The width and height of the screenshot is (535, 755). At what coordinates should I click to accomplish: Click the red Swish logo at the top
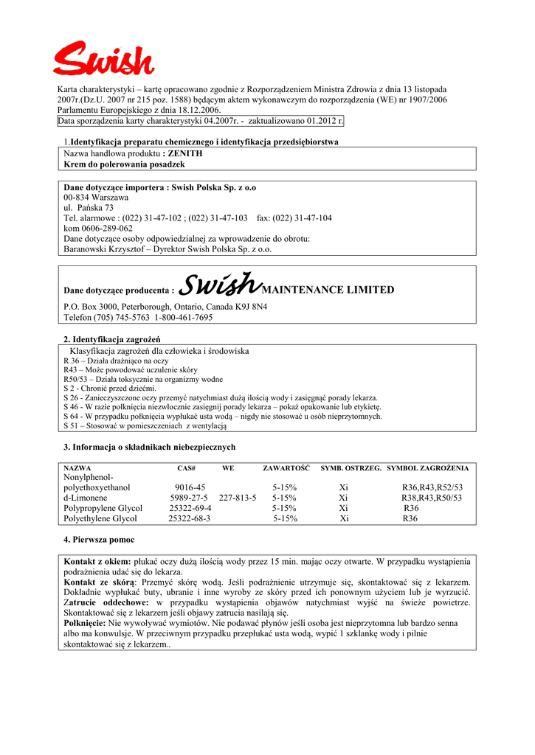coord(103,58)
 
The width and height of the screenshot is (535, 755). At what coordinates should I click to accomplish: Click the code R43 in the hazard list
coord(71,369)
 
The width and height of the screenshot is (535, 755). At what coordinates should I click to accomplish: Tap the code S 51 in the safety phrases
coord(72,425)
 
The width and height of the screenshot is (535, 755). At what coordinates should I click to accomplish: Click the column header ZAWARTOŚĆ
coord(286,468)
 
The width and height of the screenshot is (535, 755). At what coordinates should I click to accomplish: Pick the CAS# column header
coord(186,468)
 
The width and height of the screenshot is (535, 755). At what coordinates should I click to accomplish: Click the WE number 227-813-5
coord(238,498)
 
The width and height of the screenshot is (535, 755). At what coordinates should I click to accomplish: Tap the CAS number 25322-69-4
coord(190,508)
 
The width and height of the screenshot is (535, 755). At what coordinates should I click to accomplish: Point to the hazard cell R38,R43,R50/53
coord(432,498)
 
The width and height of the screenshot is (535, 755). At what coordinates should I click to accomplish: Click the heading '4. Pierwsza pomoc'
coord(98,540)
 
